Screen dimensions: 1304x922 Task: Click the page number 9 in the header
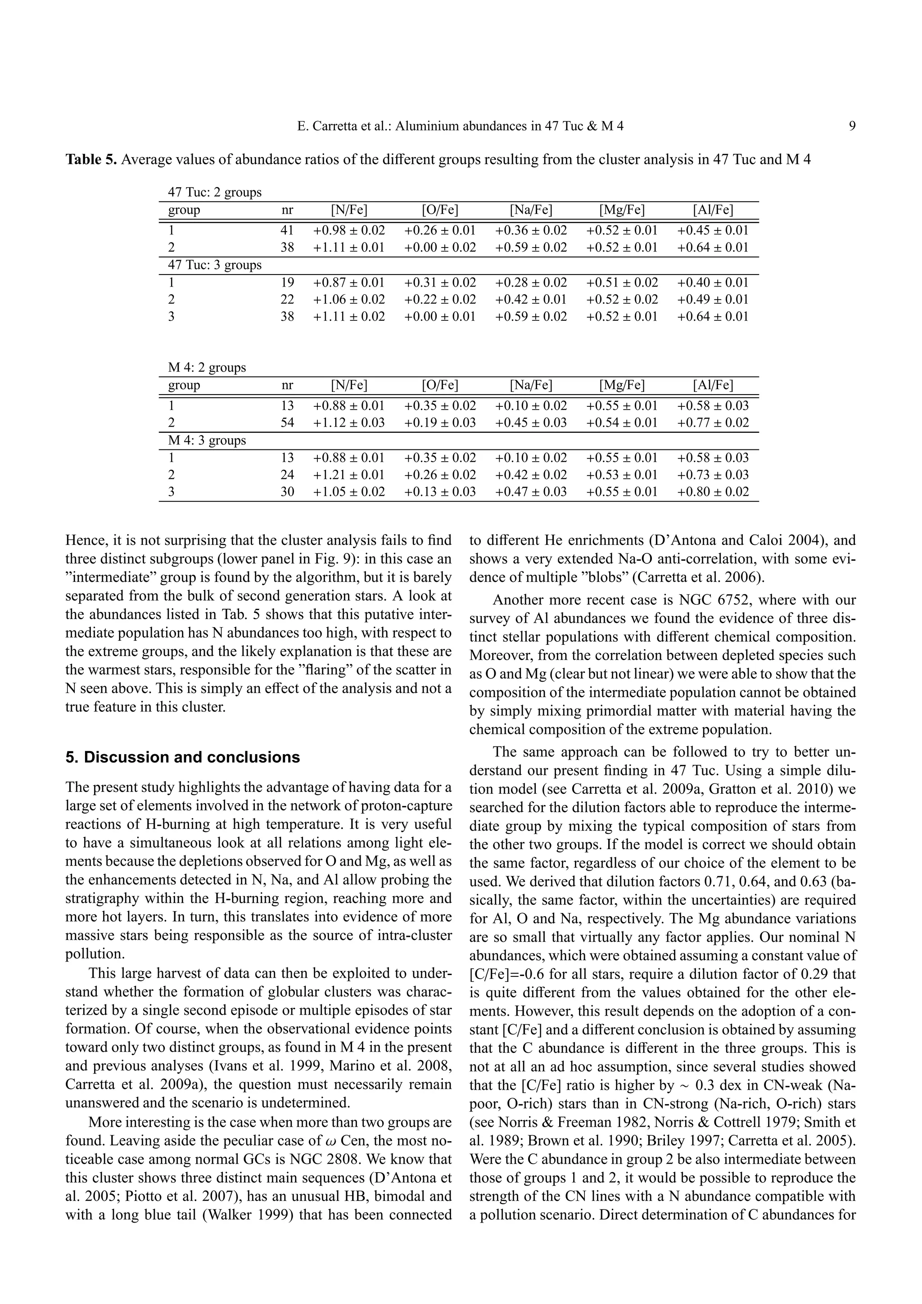(852, 126)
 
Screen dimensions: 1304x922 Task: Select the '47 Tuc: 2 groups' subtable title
(214, 192)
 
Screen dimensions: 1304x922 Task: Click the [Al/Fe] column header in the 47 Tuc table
(713, 210)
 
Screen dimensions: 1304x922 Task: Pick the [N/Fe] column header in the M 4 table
(349, 385)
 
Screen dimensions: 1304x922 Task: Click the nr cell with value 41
(288, 230)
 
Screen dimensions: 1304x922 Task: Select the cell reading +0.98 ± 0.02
(349, 230)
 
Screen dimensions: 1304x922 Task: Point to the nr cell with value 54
(288, 423)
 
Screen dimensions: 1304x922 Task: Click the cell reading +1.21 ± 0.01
(349, 475)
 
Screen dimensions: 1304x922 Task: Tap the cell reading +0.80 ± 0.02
(713, 492)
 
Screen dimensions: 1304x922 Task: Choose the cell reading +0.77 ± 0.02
(713, 423)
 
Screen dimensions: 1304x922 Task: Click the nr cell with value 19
(288, 282)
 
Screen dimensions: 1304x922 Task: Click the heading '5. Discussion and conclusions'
(182, 757)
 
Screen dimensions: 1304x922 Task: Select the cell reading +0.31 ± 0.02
(440, 282)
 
